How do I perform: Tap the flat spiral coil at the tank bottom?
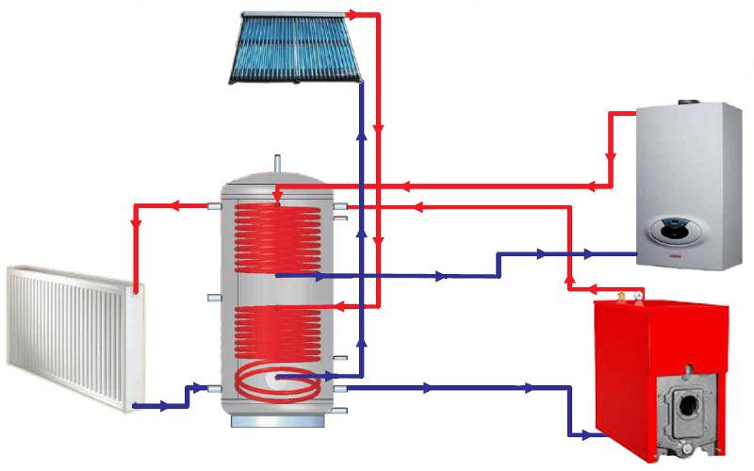279,382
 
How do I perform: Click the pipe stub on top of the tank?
277,164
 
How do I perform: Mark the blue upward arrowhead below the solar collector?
361,133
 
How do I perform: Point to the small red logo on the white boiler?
676,256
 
